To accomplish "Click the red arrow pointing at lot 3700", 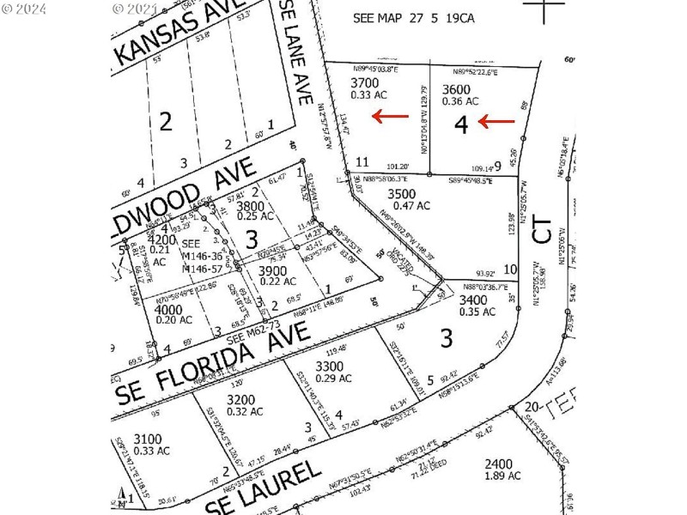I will (389, 116).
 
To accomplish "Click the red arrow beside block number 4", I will (495, 122).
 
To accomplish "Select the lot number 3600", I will (455, 89).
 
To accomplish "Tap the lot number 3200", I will (241, 399).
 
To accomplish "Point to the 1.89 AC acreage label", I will (502, 476).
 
